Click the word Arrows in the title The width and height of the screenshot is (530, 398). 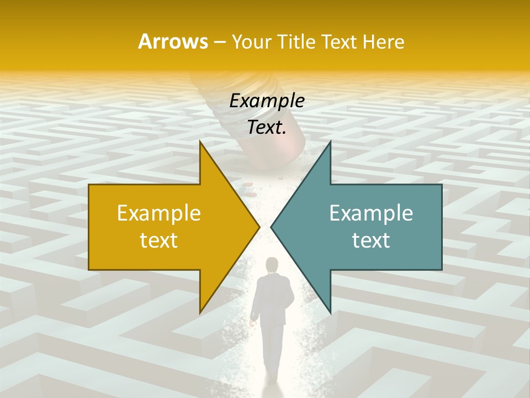(173, 41)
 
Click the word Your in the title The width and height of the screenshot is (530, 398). (252, 42)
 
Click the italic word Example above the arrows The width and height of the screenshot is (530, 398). (267, 101)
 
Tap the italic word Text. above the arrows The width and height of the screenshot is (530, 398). (267, 128)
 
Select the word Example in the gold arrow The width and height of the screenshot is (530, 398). (159, 213)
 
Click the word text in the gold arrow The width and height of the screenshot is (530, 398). (159, 240)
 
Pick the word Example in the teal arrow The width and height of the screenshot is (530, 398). (371, 213)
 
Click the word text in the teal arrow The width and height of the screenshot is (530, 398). (371, 240)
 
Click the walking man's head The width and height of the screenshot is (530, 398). (272, 266)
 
